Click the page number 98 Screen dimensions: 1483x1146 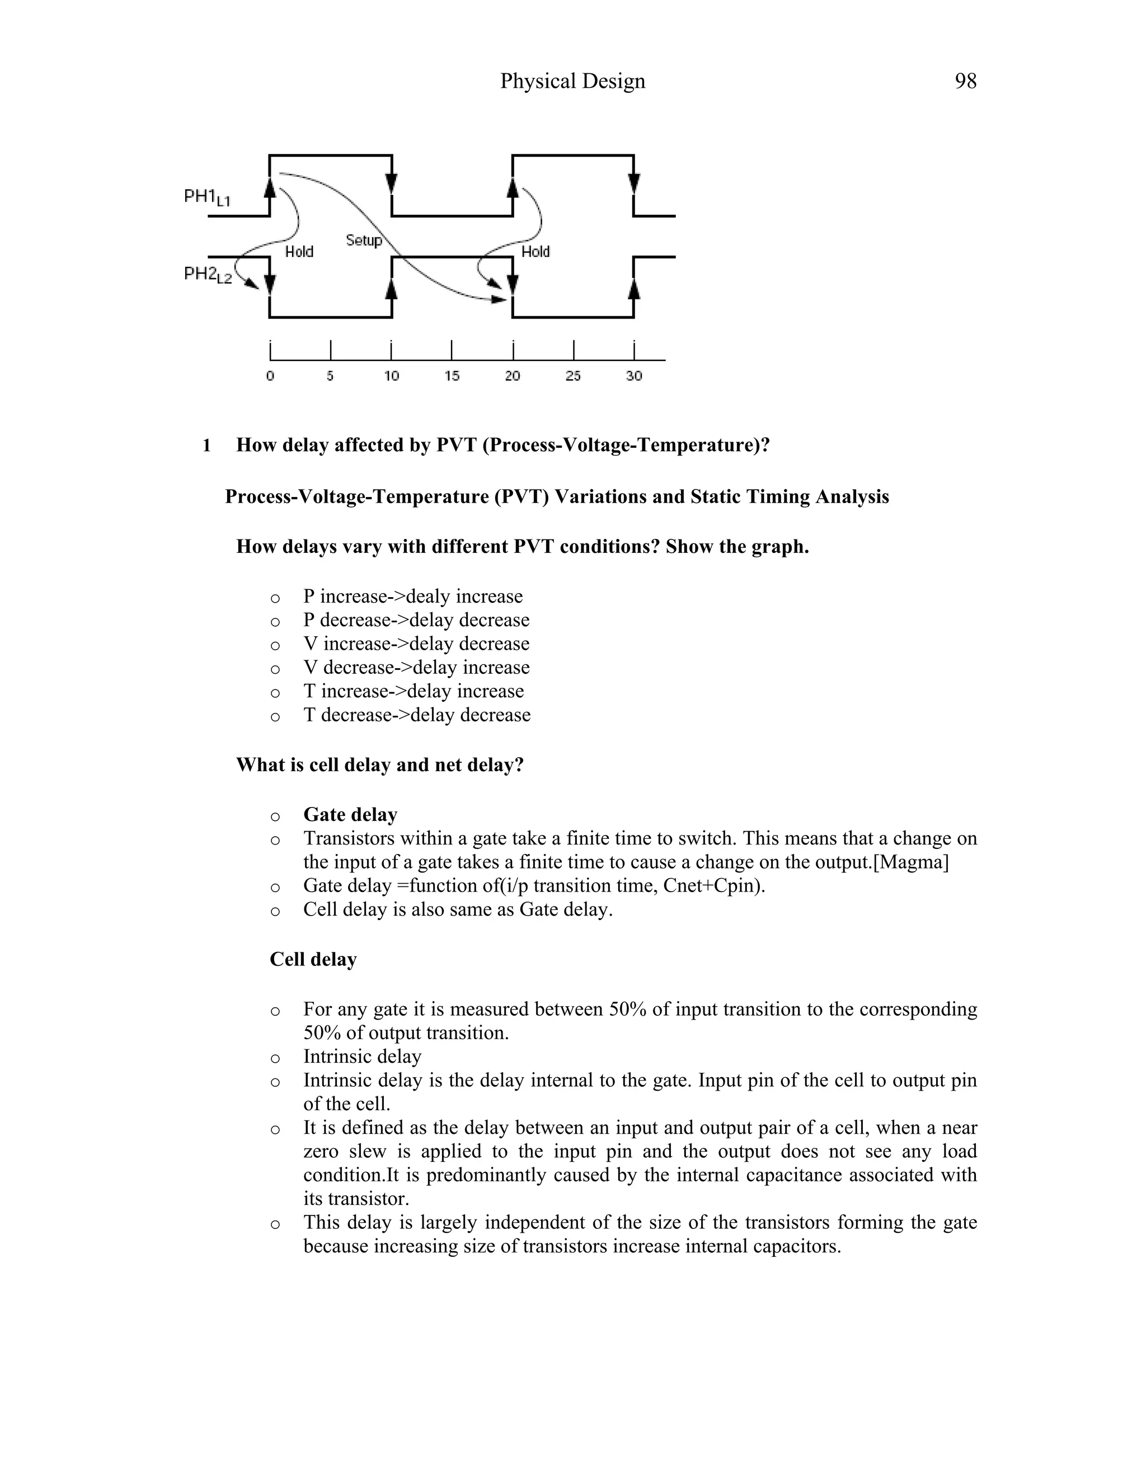pos(965,82)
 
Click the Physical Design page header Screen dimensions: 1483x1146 pos(572,82)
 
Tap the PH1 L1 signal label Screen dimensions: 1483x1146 pos(207,198)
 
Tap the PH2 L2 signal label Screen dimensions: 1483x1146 pos(208,274)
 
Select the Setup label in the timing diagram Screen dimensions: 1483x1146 pos(364,241)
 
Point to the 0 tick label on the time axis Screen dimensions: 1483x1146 pos(270,376)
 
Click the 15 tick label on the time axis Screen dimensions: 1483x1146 pos(452,376)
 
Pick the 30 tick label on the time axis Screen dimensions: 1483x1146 pos(633,376)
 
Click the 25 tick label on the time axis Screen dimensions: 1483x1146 pos(574,376)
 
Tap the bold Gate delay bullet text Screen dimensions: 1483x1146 pos(350,814)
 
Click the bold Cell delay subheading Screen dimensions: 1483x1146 pos(313,959)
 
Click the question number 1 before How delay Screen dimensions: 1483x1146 pos(206,445)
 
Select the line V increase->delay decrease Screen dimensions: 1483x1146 pos(416,644)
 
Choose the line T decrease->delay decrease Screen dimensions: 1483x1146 pos(417,715)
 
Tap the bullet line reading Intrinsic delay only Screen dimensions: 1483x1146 pos(363,1057)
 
